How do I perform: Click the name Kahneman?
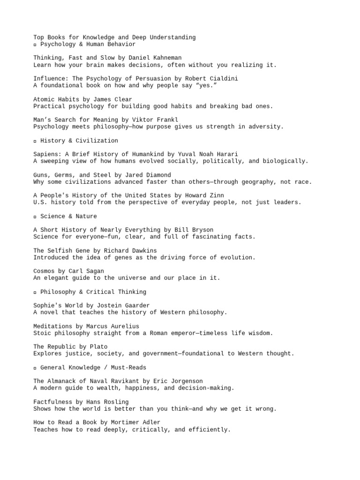tap(167, 58)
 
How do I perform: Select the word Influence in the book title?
tap(50, 79)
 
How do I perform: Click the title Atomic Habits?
tap(57, 99)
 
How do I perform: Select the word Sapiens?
tap(46, 154)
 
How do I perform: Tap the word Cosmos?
tap(44, 271)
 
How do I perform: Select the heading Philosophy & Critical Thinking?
tap(93, 292)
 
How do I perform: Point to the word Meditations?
tap(53, 326)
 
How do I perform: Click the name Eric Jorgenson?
tap(180, 381)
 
